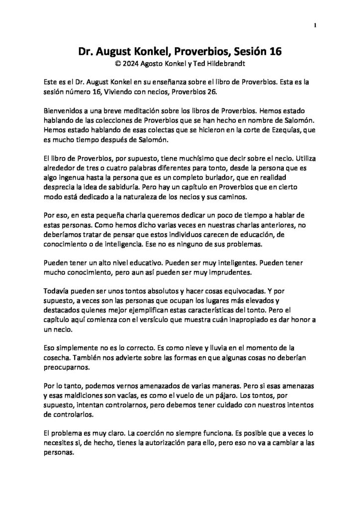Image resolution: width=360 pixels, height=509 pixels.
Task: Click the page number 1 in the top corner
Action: (x=316, y=26)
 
